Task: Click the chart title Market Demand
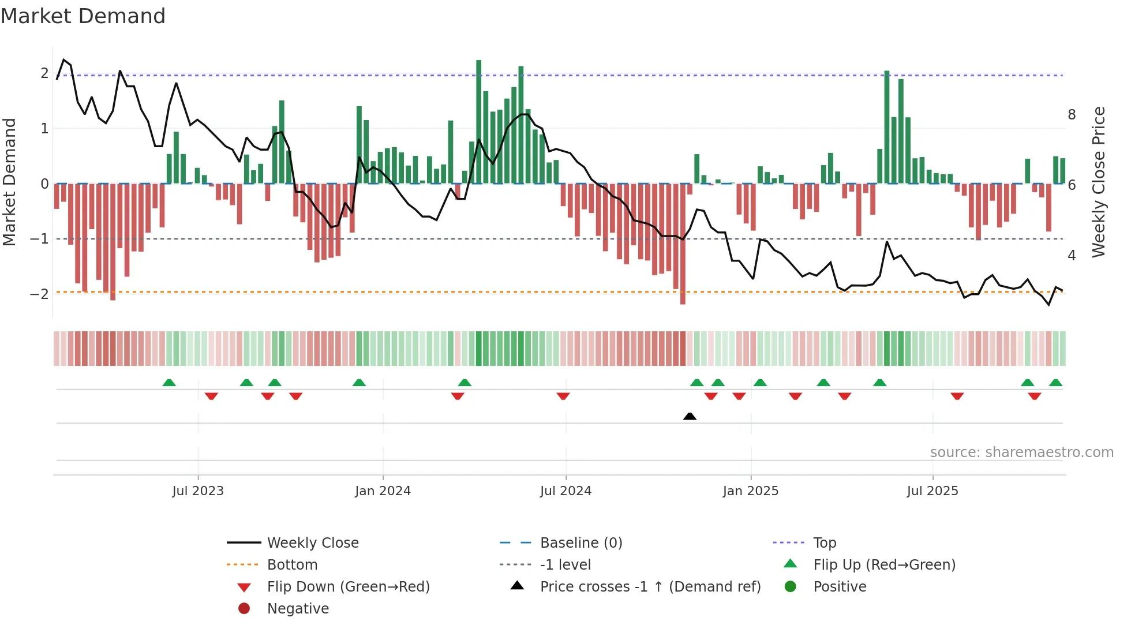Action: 83,16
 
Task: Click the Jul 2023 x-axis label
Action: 197,491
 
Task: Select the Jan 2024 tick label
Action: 383,491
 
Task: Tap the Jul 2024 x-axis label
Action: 565,491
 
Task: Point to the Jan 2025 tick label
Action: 750,491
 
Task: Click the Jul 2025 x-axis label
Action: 932,491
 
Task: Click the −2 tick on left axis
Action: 39,294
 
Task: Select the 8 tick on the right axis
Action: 1072,115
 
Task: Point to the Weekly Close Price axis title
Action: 1099,182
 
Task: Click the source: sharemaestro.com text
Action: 1021,452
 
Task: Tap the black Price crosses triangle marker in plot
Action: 690,416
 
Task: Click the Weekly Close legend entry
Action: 312,543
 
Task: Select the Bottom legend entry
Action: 292,565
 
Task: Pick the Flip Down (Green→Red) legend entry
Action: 348,587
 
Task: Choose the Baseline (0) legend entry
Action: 581,543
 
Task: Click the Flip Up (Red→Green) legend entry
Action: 884,565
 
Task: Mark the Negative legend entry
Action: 298,609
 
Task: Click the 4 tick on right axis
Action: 1072,256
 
